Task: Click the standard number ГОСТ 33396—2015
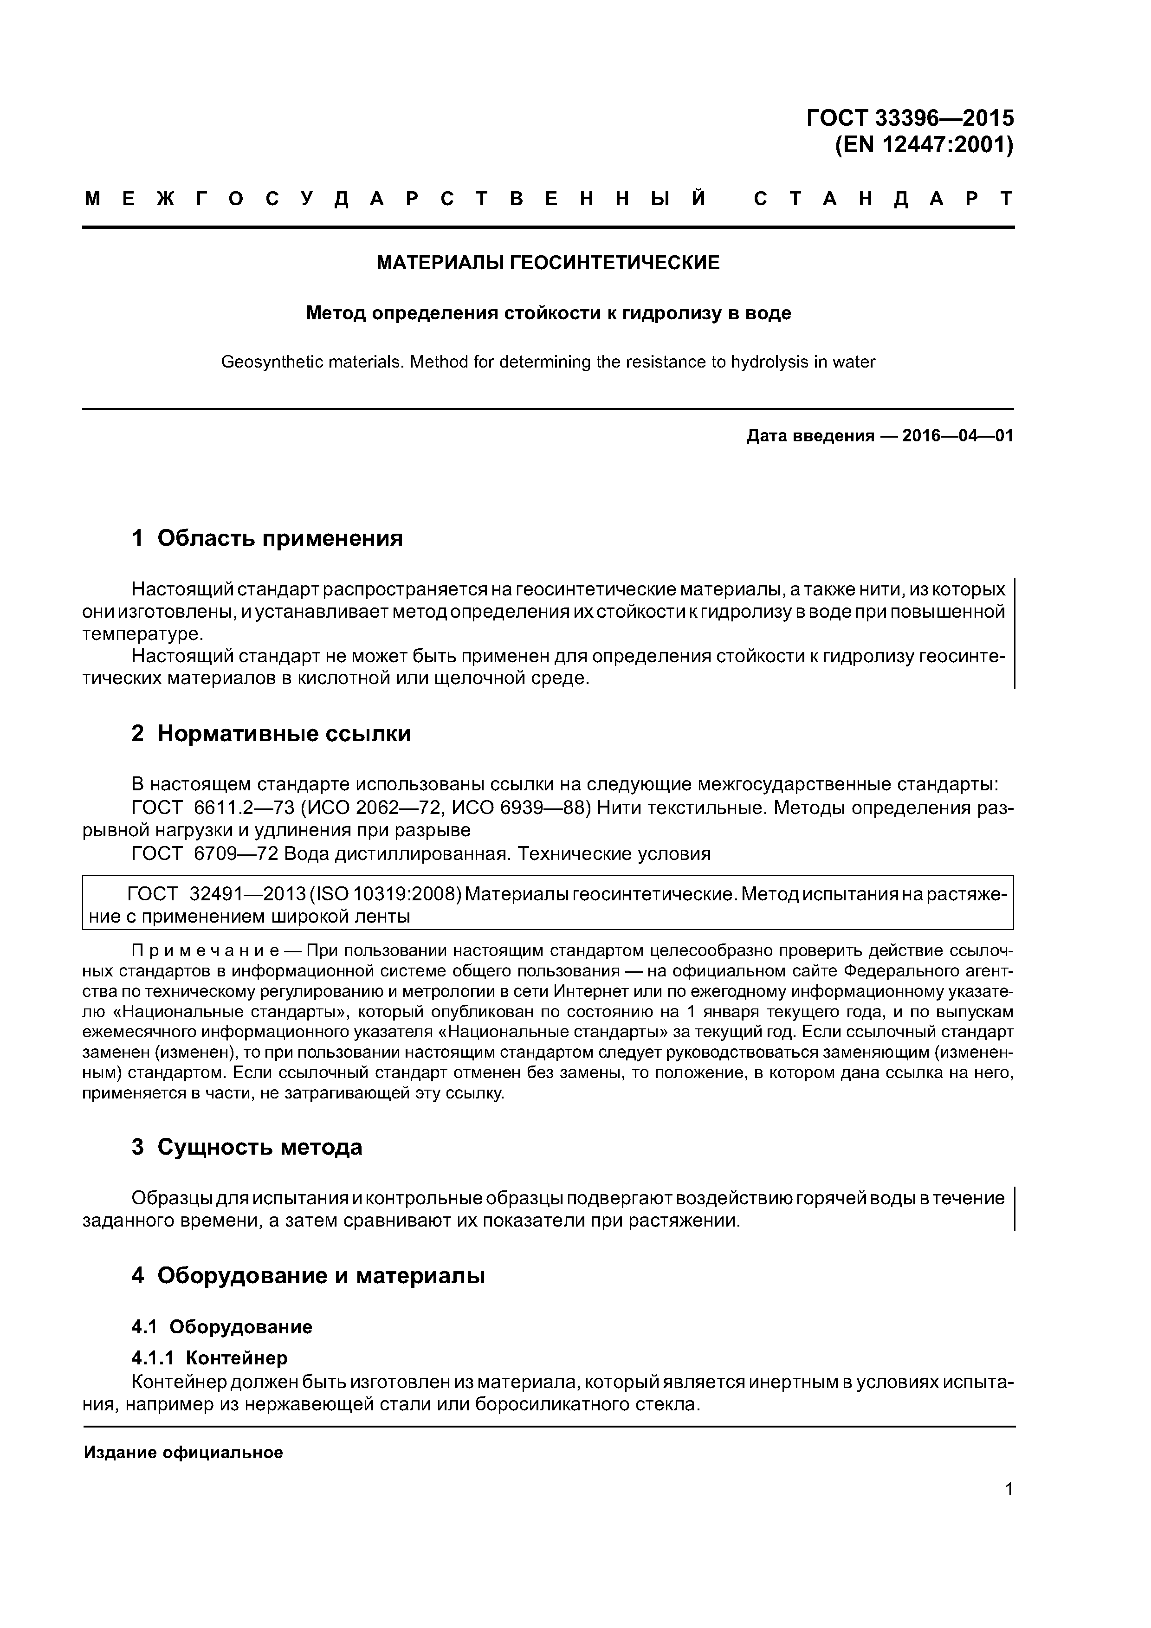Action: [x=910, y=118]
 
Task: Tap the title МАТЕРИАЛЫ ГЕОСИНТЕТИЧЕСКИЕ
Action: [x=548, y=263]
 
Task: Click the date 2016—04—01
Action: [x=957, y=435]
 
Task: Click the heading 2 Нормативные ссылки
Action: [x=271, y=733]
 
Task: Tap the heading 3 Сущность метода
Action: [x=247, y=1147]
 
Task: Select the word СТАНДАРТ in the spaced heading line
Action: [x=884, y=199]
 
